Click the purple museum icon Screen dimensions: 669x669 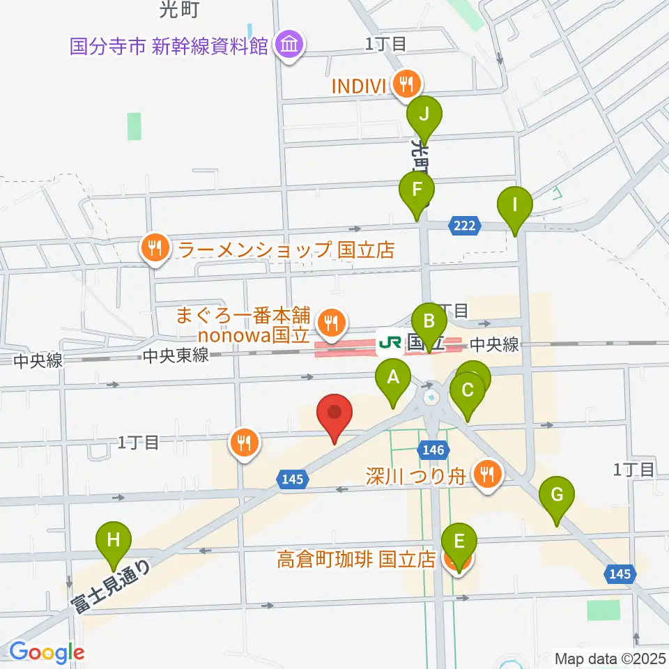[x=289, y=46]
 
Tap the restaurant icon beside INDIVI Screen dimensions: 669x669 [x=405, y=85]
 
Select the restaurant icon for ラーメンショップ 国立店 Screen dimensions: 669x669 [x=153, y=248]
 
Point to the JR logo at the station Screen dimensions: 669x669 [x=389, y=343]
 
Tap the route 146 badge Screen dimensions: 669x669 [x=432, y=450]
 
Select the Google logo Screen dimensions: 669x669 [x=47, y=653]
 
